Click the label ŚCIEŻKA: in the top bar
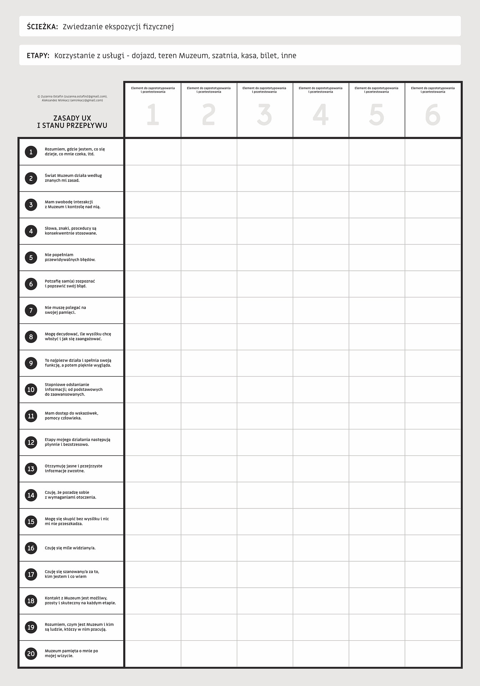[42, 27]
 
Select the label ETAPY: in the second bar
[38, 56]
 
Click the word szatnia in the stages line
[224, 56]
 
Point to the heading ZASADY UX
[72, 118]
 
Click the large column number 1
[153, 115]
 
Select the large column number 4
[320, 115]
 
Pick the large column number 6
[432, 115]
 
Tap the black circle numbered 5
[31, 258]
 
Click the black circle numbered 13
[31, 469]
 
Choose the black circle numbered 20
[31, 653]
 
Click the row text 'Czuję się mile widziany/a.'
[70, 548]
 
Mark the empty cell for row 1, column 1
[153, 152]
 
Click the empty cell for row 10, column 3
[265, 389]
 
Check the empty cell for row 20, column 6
[432, 653]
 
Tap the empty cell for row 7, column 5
[377, 310]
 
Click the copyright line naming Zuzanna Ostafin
[72, 96]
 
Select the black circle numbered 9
[31, 363]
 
